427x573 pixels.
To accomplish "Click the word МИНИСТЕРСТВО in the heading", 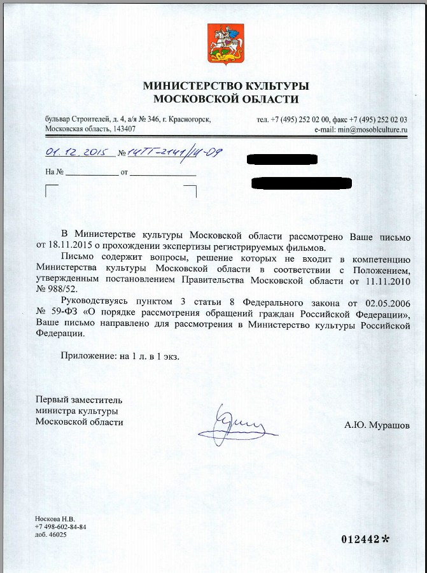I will coord(190,86).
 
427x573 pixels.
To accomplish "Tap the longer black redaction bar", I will coord(302,183).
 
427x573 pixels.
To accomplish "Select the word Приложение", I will coord(88,356).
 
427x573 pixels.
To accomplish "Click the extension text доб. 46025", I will coord(51,535).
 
